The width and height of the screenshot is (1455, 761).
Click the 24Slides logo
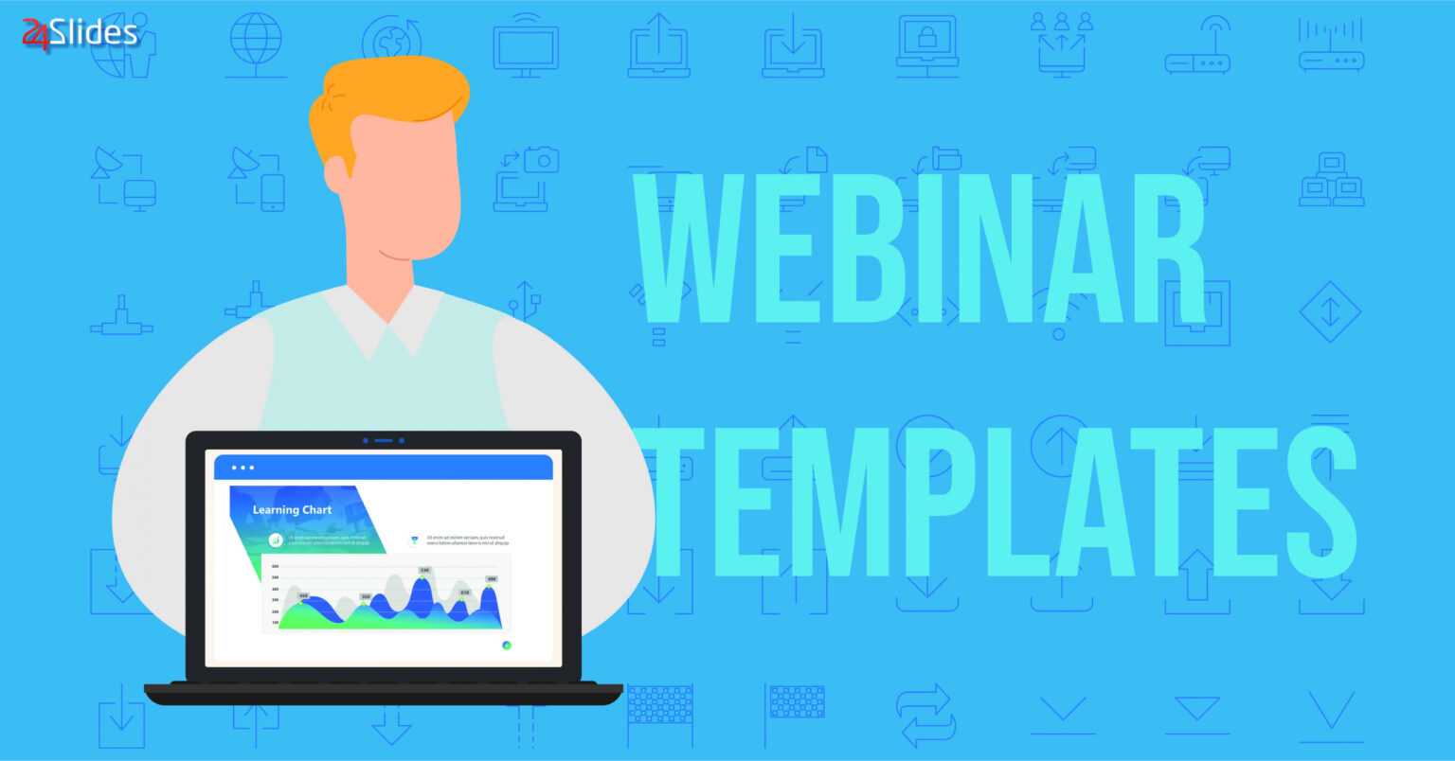[80, 34]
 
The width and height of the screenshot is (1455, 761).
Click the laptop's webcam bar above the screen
[383, 440]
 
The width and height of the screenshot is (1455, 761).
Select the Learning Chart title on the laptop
[292, 510]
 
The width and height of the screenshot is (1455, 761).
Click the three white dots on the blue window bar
[243, 468]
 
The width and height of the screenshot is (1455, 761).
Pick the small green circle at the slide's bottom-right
[507, 645]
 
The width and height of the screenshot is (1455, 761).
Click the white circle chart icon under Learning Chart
[276, 540]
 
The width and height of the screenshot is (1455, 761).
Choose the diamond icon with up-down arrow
[1330, 311]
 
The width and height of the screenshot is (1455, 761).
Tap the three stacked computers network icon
[1331, 180]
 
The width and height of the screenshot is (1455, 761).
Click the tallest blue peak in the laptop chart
[422, 592]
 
